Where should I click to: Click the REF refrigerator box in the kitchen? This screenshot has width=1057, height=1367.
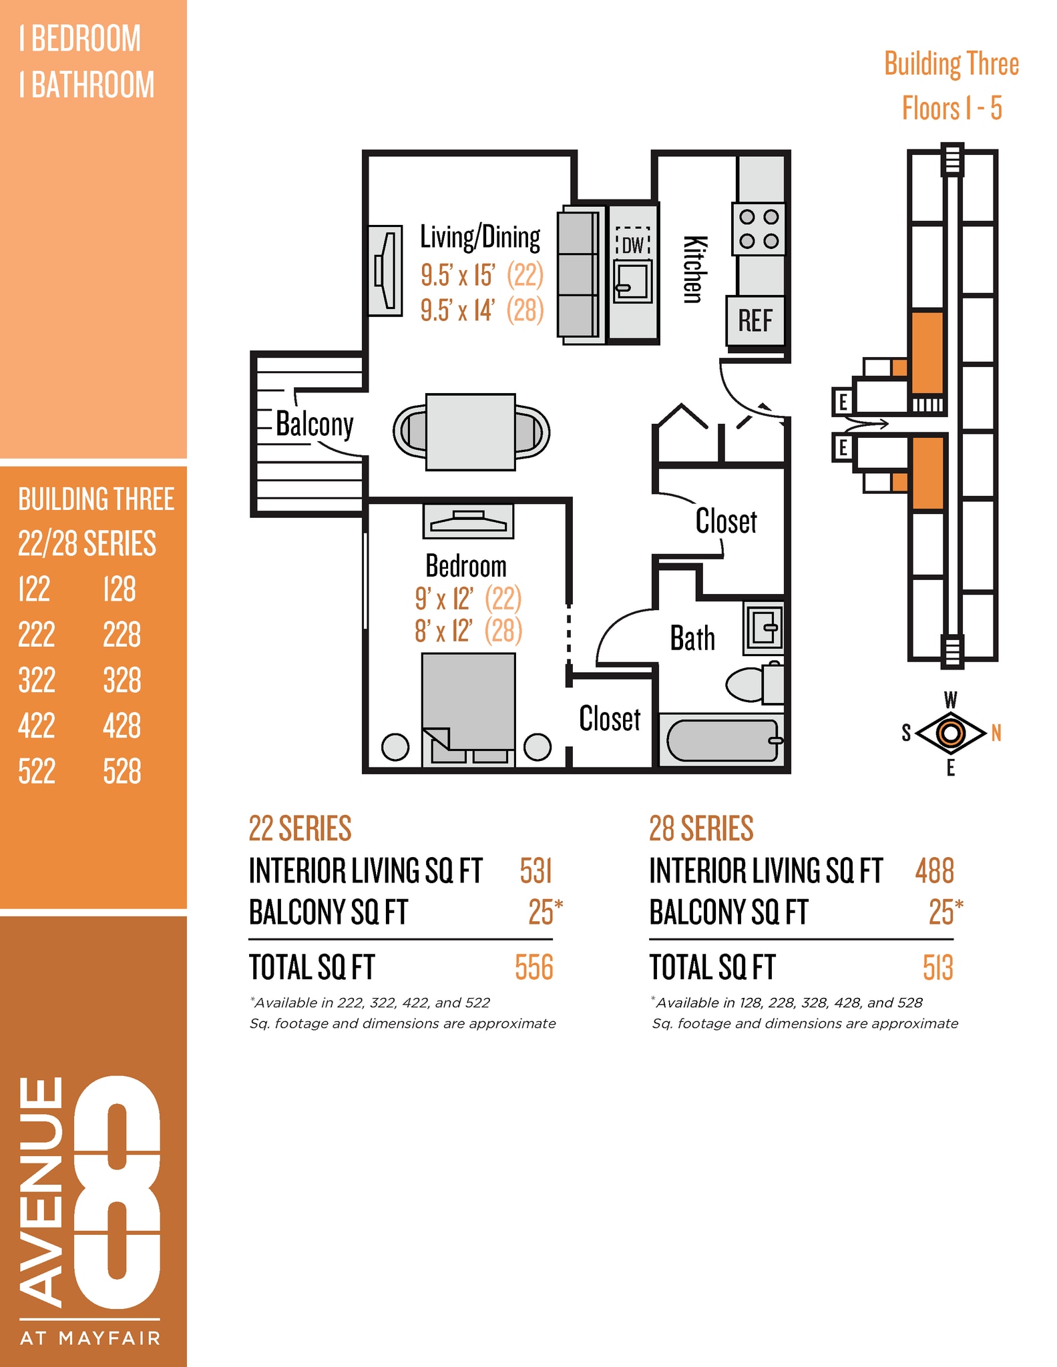755,320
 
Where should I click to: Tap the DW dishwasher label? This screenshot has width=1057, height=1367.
632,245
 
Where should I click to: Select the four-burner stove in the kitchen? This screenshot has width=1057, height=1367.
759,229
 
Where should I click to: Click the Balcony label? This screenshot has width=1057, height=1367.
314,425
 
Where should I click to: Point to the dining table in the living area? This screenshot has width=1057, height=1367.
471,432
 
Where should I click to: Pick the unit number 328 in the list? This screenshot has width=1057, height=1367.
122,680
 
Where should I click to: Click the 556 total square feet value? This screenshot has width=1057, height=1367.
534,967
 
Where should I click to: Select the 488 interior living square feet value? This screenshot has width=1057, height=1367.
934,871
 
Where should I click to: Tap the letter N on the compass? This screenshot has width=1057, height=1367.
996,734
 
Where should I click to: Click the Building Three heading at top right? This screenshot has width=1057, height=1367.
951,65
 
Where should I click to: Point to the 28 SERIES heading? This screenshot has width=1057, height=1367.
700,828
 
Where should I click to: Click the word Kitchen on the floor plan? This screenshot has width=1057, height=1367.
693,269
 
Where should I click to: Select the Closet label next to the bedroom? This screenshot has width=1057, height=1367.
610,719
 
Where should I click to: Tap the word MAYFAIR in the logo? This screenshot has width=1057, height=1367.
110,1338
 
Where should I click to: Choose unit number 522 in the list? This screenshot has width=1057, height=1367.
37,772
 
